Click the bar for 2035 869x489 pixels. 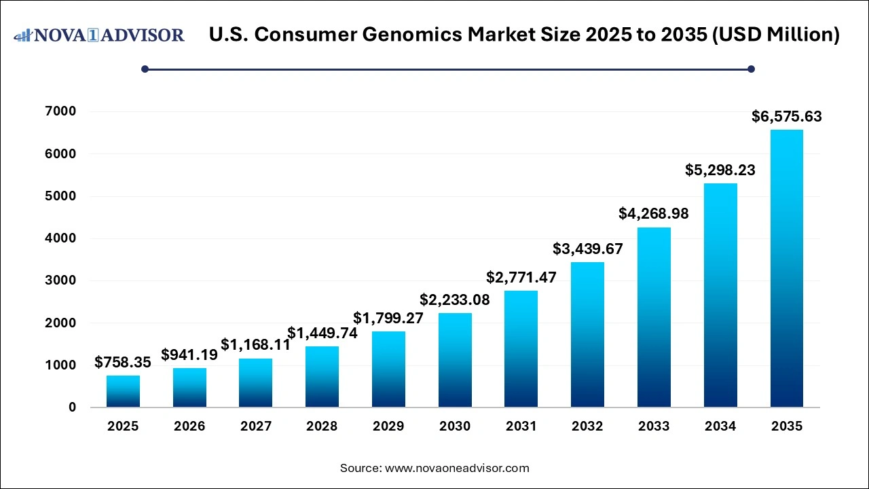[786, 268]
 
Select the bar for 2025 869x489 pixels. [123, 391]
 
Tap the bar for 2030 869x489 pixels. [455, 360]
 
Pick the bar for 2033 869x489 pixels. [654, 317]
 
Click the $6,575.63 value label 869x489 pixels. [786, 117]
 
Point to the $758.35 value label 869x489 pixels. [123, 363]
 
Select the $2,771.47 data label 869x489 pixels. [521, 277]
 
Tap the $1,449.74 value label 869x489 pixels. [322, 333]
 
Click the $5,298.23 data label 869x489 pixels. [720, 170]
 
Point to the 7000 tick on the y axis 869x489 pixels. [62, 111]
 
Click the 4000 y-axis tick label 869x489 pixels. [62, 238]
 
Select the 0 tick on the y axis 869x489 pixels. [71, 407]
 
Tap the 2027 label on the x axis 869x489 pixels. [256, 427]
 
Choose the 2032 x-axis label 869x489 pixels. [587, 427]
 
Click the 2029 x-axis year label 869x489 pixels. [388, 427]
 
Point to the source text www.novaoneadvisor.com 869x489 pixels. [457, 468]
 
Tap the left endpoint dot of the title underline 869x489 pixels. [145, 69]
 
